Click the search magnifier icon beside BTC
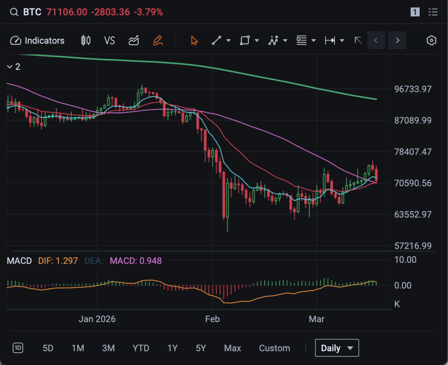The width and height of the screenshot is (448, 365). (x=14, y=12)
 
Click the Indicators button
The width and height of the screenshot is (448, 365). (x=37, y=41)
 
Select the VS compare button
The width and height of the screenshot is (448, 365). (x=109, y=41)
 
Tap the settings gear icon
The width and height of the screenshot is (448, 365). (x=431, y=41)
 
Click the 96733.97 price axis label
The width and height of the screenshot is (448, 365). (x=413, y=89)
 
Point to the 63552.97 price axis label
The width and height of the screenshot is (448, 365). (x=413, y=214)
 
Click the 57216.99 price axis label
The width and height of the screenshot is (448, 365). (x=413, y=246)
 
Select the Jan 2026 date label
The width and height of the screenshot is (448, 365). (x=97, y=319)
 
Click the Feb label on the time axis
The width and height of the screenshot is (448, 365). (x=212, y=319)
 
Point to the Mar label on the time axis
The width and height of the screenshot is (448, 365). (x=317, y=319)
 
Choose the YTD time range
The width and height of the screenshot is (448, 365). (x=141, y=348)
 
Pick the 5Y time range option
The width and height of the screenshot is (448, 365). (x=201, y=348)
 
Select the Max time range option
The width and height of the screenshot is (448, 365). (x=232, y=348)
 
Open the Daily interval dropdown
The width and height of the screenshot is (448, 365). (x=337, y=348)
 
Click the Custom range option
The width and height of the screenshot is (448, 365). (x=274, y=348)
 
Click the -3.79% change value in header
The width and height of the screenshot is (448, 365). (x=148, y=12)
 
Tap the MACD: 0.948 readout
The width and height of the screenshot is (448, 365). (x=136, y=261)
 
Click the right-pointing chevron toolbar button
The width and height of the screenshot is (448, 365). (x=397, y=41)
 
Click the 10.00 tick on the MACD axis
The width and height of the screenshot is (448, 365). (x=405, y=260)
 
